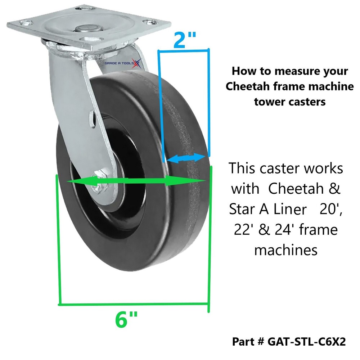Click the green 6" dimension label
(x=126, y=320)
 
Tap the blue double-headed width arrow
(x=185, y=158)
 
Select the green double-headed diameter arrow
(x=136, y=181)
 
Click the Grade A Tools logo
(x=123, y=63)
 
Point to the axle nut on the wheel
(x=99, y=183)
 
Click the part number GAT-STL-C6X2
(x=307, y=342)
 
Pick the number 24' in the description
(x=284, y=229)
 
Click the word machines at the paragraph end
(x=286, y=250)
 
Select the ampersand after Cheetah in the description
(x=334, y=189)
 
